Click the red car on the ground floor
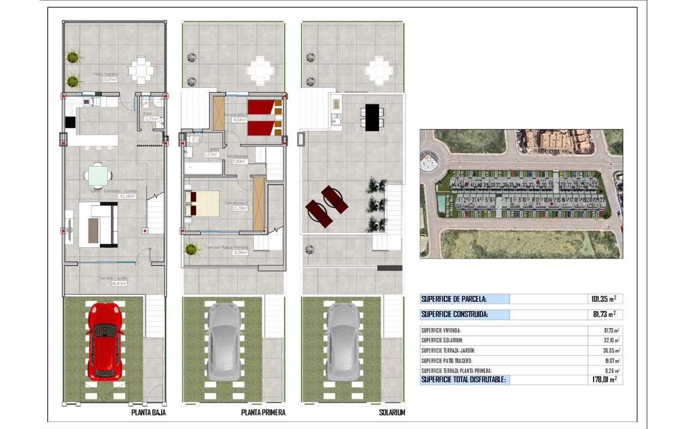(x=104, y=341)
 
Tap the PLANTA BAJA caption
(x=148, y=413)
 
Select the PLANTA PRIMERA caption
(x=263, y=413)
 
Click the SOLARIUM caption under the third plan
(x=392, y=413)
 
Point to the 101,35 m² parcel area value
(x=601, y=299)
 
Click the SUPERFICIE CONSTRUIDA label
(x=455, y=315)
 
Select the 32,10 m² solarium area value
(x=611, y=341)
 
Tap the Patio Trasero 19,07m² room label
(x=105, y=77)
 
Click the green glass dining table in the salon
(x=98, y=174)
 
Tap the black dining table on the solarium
(x=371, y=117)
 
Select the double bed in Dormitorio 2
(x=202, y=204)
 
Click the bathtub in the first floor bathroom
(x=203, y=169)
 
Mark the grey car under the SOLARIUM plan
(x=343, y=341)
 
